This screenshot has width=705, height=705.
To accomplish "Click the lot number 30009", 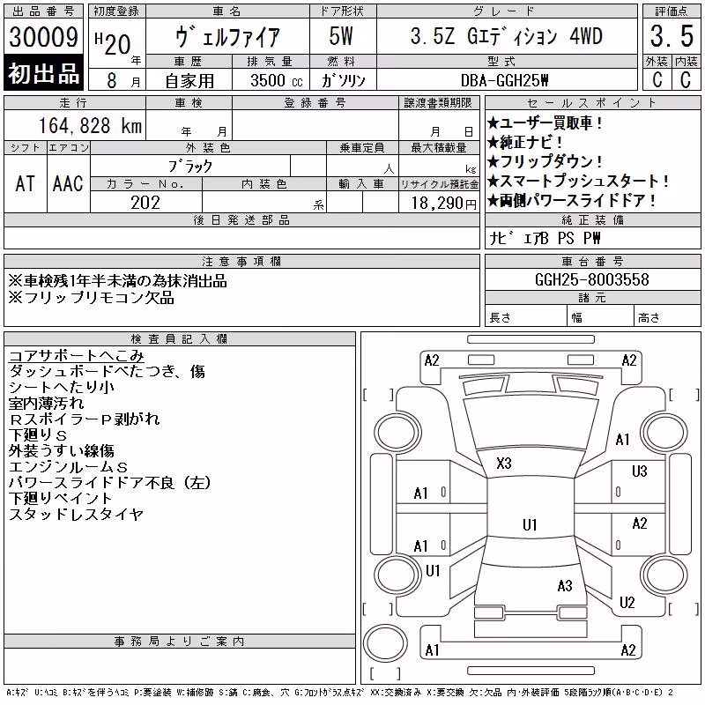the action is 43,37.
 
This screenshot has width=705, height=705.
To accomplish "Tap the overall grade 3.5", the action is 672,36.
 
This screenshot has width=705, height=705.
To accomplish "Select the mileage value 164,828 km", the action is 91,125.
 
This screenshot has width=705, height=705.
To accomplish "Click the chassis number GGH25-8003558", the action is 592,279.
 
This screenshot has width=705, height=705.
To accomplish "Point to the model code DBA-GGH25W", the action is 504,80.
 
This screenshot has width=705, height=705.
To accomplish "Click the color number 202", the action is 145,203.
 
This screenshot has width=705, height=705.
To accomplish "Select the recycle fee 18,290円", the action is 444,204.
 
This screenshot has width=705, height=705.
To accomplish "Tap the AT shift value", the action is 26,183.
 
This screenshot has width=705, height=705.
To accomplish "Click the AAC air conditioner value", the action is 68,183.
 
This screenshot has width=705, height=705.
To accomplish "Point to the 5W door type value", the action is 341,36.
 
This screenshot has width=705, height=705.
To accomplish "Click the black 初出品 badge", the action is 43,73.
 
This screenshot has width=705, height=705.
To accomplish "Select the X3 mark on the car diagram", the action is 504,464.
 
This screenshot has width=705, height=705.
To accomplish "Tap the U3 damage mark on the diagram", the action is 640,471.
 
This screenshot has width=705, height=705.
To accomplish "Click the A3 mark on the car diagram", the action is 565,586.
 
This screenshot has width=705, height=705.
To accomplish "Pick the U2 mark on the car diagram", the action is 627,603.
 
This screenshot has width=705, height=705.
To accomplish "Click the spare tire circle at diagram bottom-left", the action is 385,642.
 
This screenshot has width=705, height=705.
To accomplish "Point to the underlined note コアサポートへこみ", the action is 77,356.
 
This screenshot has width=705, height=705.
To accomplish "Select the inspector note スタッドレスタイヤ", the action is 77,514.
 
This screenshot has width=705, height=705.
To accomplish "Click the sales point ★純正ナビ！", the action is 524,142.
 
